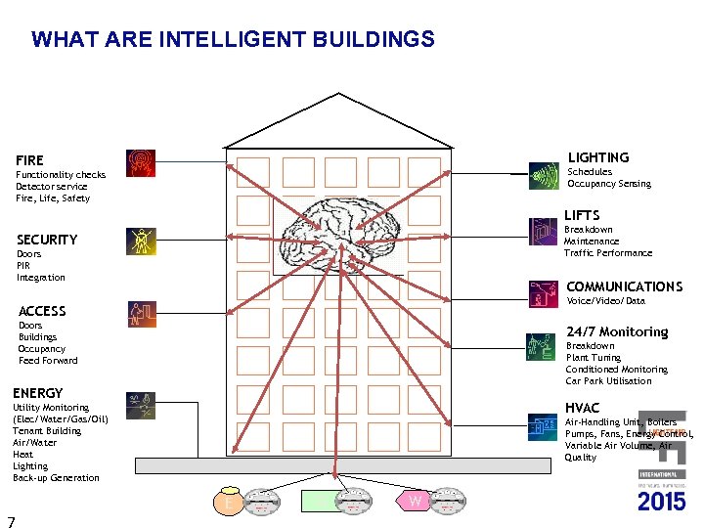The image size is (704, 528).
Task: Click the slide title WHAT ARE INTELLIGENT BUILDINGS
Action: pos(233,40)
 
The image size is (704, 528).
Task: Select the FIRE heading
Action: pos(30,159)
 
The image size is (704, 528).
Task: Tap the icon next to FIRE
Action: pos(141,162)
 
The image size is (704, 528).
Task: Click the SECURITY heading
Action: pos(47,240)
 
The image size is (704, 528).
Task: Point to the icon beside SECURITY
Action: pos(141,241)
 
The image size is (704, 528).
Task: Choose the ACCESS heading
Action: pos(42,311)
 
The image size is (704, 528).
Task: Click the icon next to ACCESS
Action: pos(141,314)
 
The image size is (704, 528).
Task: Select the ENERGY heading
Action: pos(38,393)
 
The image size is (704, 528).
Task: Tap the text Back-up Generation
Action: pos(56,478)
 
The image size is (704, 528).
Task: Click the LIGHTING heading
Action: pos(598,157)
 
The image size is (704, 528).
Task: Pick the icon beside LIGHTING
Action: pos(543,175)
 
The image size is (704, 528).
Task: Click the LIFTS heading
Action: pos(582,215)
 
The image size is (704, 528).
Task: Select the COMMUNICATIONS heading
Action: pos(624,286)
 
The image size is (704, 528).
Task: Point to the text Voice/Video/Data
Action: pos(606,301)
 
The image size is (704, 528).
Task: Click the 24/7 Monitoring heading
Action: pos(617,331)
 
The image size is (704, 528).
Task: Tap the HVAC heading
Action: pos(583,408)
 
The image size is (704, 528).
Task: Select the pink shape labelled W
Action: pos(415,502)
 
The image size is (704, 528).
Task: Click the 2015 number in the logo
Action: pos(662,502)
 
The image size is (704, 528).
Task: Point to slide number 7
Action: pos(10,520)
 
